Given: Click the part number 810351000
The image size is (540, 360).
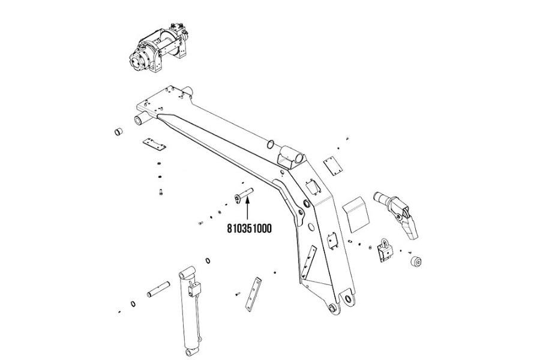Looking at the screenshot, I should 248,228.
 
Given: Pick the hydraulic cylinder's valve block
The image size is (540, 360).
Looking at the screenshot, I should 193,290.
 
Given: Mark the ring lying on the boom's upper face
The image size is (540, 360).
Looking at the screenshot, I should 271,143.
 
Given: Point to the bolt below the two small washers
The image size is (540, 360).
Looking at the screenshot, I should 163,193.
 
